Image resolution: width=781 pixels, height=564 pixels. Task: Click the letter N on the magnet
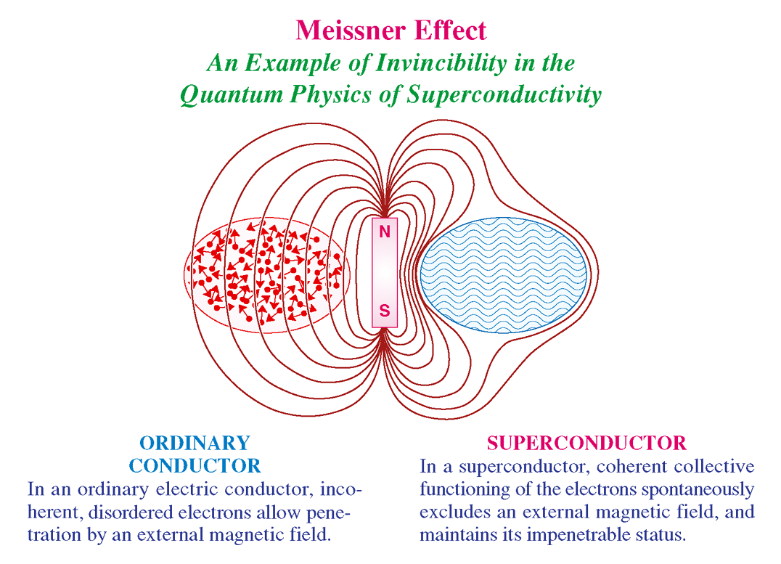click(385, 232)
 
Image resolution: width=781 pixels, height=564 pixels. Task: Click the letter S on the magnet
click(385, 311)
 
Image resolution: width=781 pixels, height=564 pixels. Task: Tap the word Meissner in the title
click(351, 30)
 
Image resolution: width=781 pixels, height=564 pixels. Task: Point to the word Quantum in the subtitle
click(232, 95)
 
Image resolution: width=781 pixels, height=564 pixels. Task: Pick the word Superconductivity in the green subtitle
click(504, 95)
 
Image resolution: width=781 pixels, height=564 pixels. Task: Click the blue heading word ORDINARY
click(195, 443)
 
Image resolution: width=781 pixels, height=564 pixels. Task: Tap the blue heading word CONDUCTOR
click(195, 466)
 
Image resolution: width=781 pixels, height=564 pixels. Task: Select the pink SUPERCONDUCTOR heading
click(586, 443)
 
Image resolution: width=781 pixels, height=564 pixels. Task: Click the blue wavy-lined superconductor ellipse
click(504, 275)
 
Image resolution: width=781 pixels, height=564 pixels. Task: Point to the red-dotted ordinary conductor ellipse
click(267, 275)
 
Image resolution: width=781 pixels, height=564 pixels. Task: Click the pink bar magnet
click(385, 272)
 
